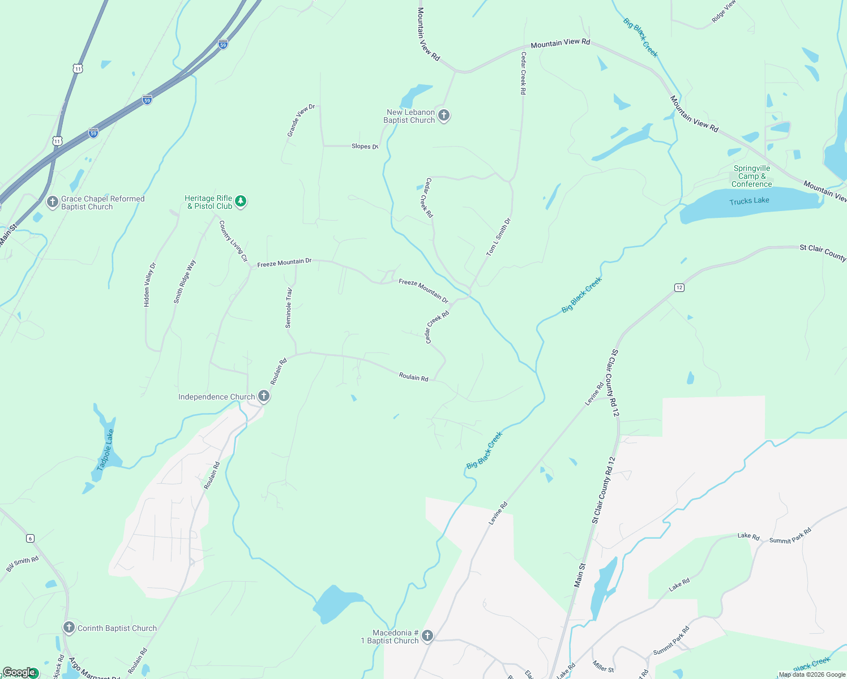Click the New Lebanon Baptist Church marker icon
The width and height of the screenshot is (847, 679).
[x=444, y=115]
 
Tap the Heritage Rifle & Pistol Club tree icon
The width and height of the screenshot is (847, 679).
[x=241, y=201]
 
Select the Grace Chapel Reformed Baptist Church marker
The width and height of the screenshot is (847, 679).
[x=53, y=202]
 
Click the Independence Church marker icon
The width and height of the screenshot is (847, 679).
[x=264, y=396]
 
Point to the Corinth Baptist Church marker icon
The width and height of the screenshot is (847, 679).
[x=69, y=628]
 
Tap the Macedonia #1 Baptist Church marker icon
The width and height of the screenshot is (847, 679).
[x=427, y=636]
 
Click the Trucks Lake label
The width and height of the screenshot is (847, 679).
[x=749, y=201]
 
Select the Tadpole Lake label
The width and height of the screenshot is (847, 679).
[x=105, y=450]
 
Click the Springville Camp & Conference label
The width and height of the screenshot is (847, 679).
[x=751, y=176]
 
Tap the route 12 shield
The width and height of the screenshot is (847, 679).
[x=679, y=287]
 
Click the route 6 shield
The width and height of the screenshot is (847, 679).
[x=31, y=538]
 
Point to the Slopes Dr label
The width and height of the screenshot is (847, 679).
[x=365, y=147]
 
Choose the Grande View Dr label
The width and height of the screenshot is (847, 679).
[x=301, y=120]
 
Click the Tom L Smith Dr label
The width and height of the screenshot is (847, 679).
[x=498, y=237]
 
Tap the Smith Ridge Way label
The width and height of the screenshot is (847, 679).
[x=185, y=281]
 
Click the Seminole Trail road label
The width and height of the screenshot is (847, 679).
[x=289, y=308]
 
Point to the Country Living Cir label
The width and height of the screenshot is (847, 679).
[x=233, y=241]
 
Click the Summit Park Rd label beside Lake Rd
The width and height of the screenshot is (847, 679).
[x=790, y=536]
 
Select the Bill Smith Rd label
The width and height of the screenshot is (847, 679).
[x=23, y=564]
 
